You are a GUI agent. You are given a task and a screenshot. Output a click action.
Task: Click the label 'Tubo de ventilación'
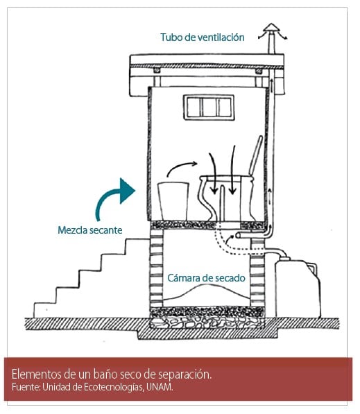[x=203, y=37]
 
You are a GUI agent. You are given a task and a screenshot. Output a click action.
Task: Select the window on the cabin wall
[x=209, y=107]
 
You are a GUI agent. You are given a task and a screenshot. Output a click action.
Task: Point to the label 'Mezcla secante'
[x=89, y=230]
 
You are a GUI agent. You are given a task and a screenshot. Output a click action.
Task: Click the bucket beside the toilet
[x=173, y=201]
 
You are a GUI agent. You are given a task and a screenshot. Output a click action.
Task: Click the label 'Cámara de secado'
[x=206, y=278]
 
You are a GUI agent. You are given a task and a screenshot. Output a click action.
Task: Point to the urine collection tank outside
[x=298, y=288]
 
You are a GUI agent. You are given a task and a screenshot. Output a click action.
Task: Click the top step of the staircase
[x=137, y=239]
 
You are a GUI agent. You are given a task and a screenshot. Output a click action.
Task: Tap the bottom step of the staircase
[x=45, y=304]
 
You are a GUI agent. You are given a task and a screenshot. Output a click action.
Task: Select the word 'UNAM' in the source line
[x=159, y=387]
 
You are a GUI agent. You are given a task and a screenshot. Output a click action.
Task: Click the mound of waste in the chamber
[x=207, y=295]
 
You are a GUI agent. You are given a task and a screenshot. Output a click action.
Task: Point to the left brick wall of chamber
[x=156, y=268]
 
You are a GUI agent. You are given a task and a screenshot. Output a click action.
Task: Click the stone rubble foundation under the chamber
[x=207, y=322]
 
